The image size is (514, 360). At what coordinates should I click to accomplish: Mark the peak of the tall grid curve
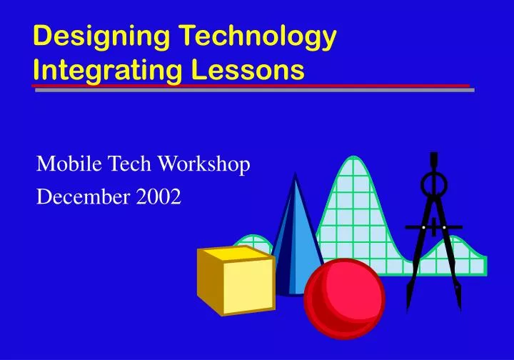coord(354,158)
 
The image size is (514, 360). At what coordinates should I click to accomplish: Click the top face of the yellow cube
coord(236,253)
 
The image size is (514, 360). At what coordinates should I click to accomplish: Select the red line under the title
coord(250,86)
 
